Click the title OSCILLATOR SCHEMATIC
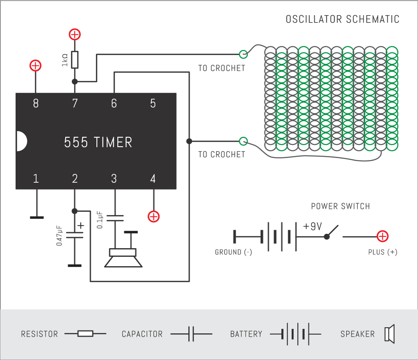[x=342, y=19]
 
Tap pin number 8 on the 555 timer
[x=36, y=104]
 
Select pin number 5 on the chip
[x=153, y=104]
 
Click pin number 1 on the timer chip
[x=36, y=179]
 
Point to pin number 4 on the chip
[x=153, y=179]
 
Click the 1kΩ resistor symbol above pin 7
[x=75, y=59]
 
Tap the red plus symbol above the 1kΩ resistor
[x=75, y=34]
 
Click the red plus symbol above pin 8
[x=36, y=66]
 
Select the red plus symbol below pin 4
[x=153, y=216]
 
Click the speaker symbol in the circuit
[x=123, y=258]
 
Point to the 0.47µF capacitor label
[x=60, y=235]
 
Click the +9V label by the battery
[x=312, y=226]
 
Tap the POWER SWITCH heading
[x=340, y=206]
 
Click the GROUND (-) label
[x=233, y=252]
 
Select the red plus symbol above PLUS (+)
[x=382, y=236]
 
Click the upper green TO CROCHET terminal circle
[x=243, y=54]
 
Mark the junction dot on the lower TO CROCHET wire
[x=189, y=141]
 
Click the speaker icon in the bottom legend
[x=389, y=334]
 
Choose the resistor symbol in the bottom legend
[x=85, y=334]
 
